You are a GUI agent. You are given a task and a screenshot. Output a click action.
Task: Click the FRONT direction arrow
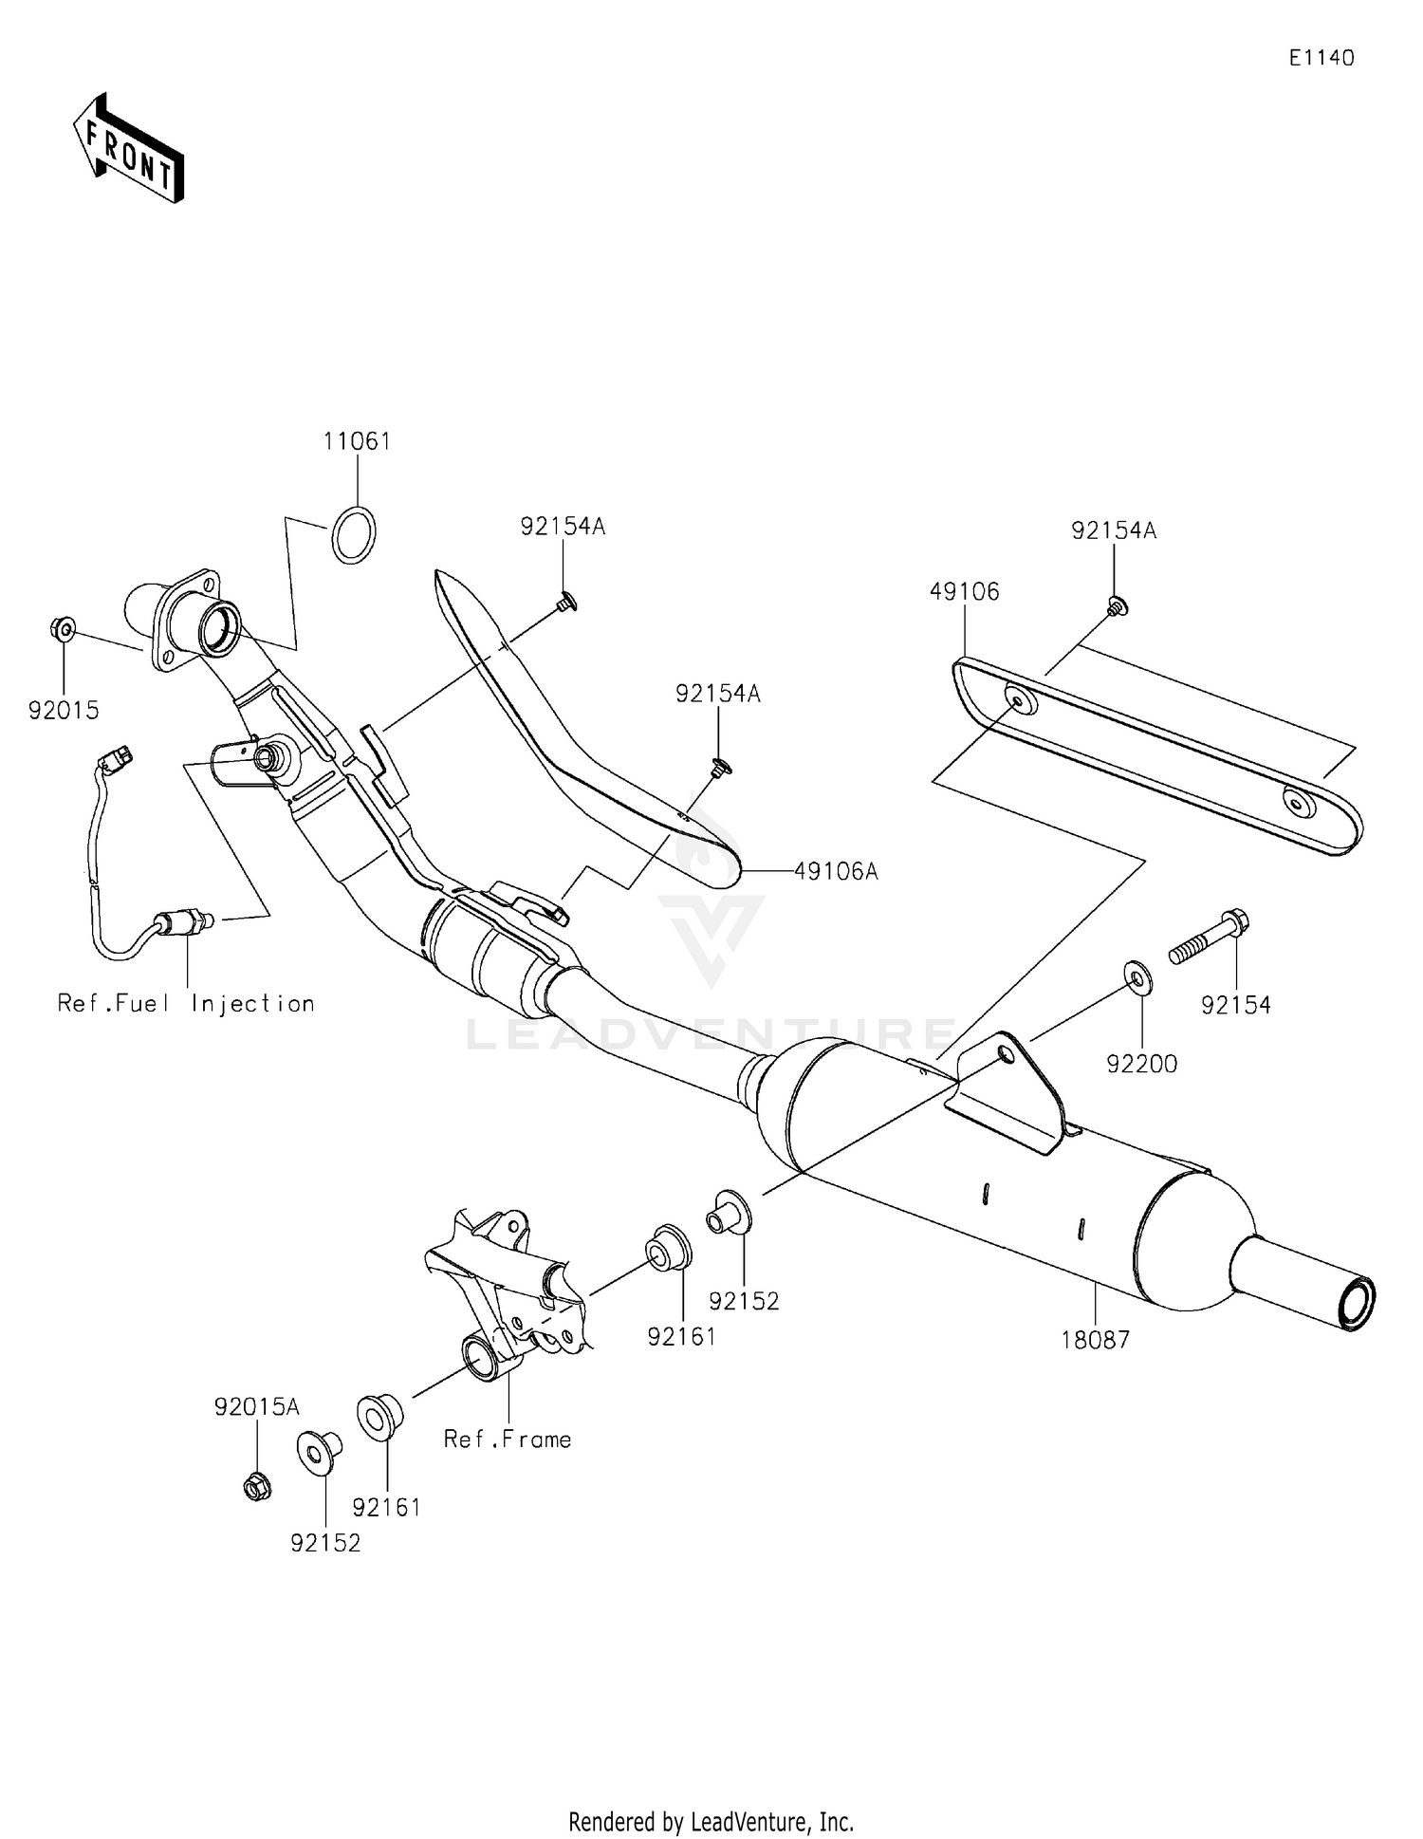tap(128, 149)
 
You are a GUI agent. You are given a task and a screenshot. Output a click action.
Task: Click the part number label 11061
tap(357, 441)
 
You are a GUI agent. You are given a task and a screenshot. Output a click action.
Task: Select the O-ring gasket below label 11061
tap(354, 537)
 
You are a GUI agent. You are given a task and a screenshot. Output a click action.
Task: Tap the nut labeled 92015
tap(63, 628)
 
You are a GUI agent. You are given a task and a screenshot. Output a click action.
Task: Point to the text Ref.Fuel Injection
tap(186, 1004)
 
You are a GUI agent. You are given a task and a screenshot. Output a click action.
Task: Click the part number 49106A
tap(836, 870)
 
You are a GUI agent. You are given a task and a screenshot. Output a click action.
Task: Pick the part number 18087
tap(1096, 1339)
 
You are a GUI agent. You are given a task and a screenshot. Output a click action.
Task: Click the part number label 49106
tap(964, 591)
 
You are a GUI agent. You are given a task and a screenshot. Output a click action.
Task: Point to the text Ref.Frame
tap(508, 1440)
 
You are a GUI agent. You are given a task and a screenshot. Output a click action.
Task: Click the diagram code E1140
tap(1321, 58)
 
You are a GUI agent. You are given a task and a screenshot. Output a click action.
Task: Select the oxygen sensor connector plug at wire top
tap(120, 757)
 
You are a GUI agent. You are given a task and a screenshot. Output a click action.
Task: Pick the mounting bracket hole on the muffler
tap(1006, 1054)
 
